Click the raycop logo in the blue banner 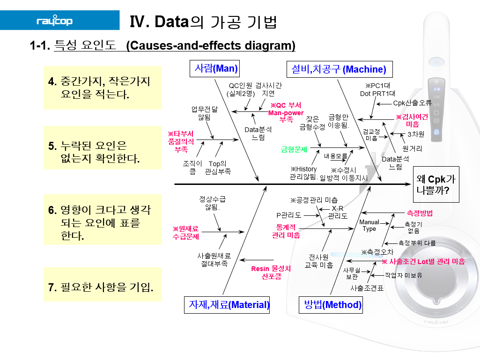55,22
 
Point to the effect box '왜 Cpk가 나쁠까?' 436,184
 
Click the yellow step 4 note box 102,88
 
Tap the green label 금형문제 294,150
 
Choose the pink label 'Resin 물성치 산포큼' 271,272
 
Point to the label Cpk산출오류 412,103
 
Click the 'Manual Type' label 369,226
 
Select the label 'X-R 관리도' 337,212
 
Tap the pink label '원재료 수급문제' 186,233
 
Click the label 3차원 415,134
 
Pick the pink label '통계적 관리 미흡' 286,231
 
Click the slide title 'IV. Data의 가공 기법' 203,22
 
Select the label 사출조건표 367,288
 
